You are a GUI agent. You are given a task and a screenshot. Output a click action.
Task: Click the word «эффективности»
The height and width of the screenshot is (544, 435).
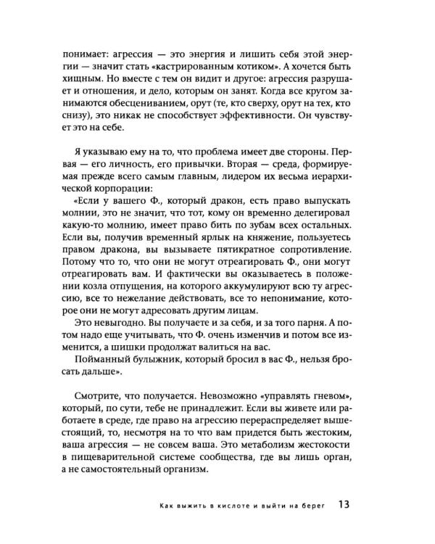pyautogui.click(x=265, y=120)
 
